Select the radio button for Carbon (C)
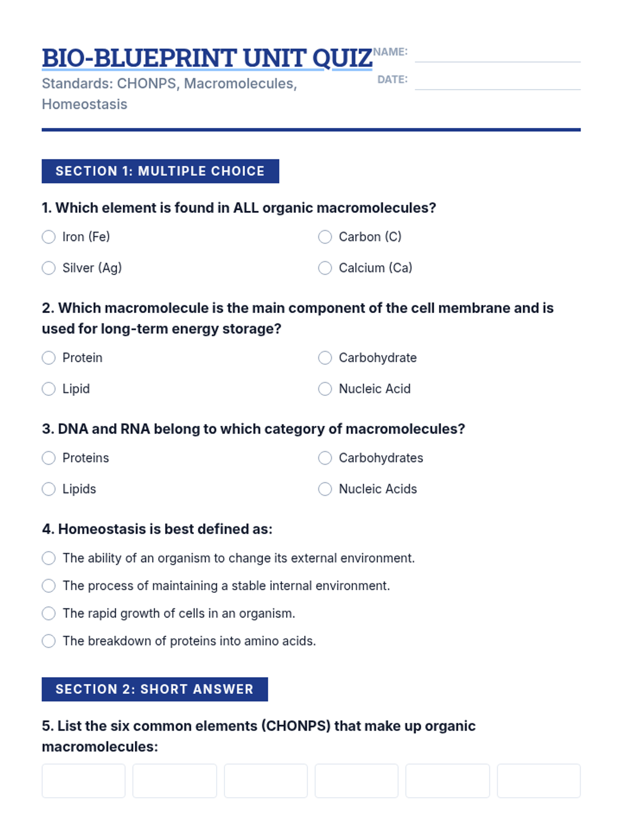[325, 237]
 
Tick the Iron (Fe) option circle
[49, 237]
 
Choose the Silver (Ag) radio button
[49, 268]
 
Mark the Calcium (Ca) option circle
[325, 268]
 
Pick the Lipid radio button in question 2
[49, 389]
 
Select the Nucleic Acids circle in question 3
[325, 489]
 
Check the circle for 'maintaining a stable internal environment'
[49, 585]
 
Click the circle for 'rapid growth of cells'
[49, 613]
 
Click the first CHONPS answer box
[83, 781]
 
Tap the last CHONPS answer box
[539, 781]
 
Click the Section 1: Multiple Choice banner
[160, 171]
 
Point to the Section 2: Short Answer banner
[154, 689]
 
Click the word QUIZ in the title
[342, 58]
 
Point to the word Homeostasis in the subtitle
[84, 104]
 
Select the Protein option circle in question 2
[49, 358]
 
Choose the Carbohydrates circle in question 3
[325, 458]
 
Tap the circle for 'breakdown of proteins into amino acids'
[49, 641]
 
